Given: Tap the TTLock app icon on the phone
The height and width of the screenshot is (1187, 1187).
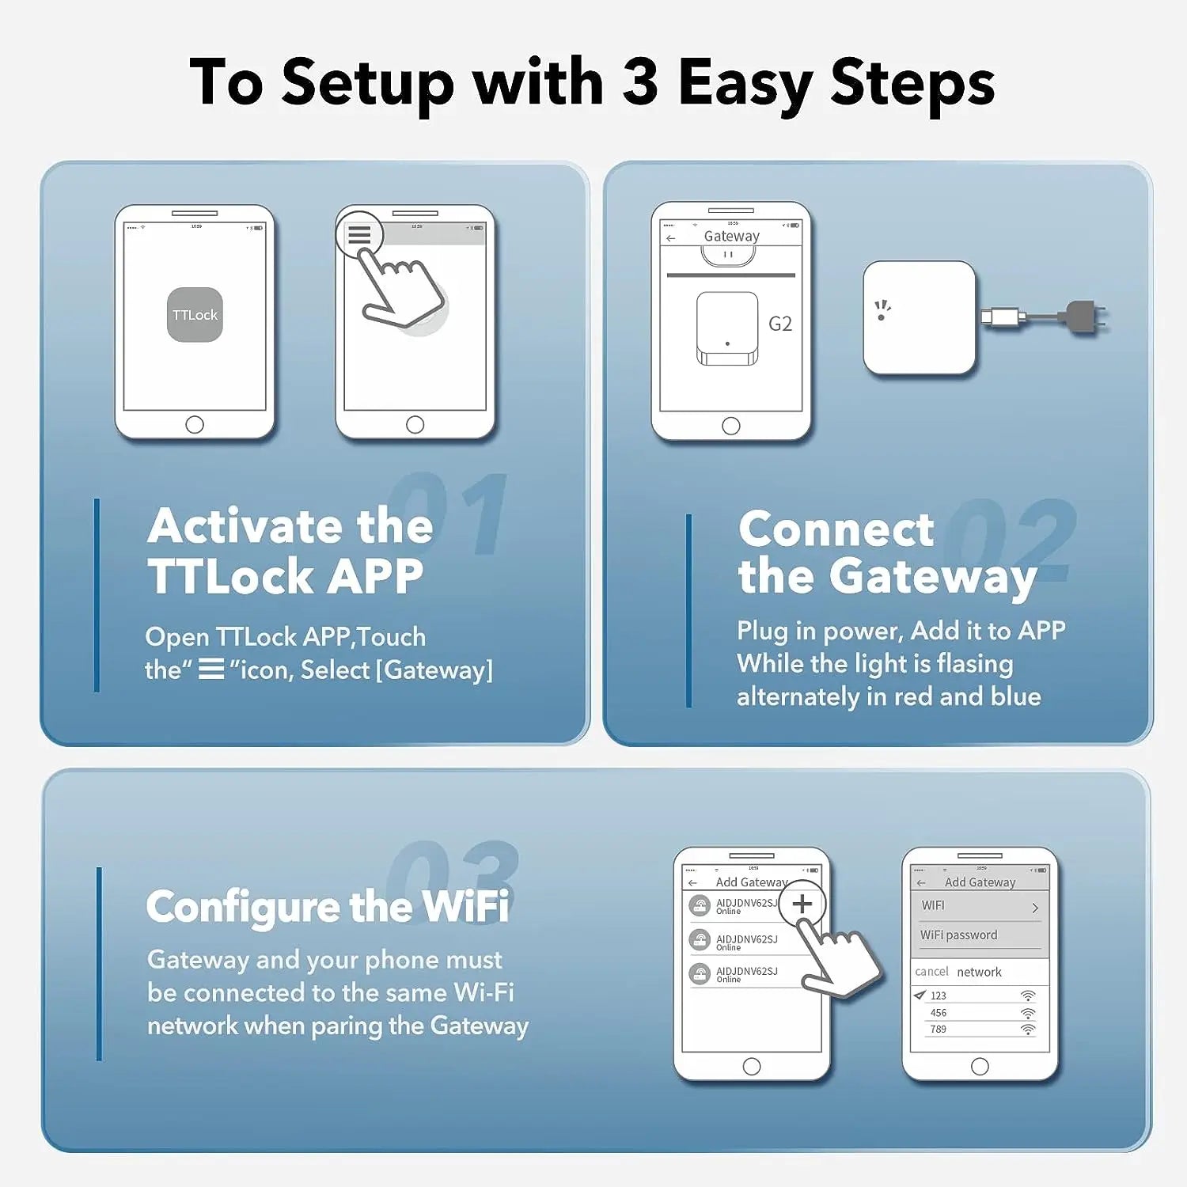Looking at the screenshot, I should click(195, 315).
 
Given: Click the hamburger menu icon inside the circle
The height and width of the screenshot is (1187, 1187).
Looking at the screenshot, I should click(359, 235).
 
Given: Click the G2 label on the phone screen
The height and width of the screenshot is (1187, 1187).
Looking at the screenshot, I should click(779, 324).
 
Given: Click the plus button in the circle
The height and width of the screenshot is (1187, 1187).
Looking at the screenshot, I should click(802, 904).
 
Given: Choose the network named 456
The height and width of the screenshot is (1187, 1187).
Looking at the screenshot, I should click(939, 1013).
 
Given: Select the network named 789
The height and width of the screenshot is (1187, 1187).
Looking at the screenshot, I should click(939, 1030).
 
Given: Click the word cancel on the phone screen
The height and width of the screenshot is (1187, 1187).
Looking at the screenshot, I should click(931, 972).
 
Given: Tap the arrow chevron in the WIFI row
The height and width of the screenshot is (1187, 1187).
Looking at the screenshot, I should click(1035, 908).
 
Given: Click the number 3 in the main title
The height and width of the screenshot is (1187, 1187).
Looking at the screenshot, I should click(639, 82).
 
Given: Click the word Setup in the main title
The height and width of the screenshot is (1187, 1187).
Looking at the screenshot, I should click(368, 82).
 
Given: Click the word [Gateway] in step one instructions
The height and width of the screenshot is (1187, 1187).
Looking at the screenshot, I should click(434, 670).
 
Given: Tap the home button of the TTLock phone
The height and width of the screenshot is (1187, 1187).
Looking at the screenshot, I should click(195, 425).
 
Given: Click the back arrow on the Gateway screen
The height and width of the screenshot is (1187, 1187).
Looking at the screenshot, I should click(671, 238).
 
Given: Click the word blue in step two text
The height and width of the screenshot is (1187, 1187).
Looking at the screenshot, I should click(1015, 696).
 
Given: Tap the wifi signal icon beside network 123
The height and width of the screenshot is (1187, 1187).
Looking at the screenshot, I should click(1028, 995).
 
